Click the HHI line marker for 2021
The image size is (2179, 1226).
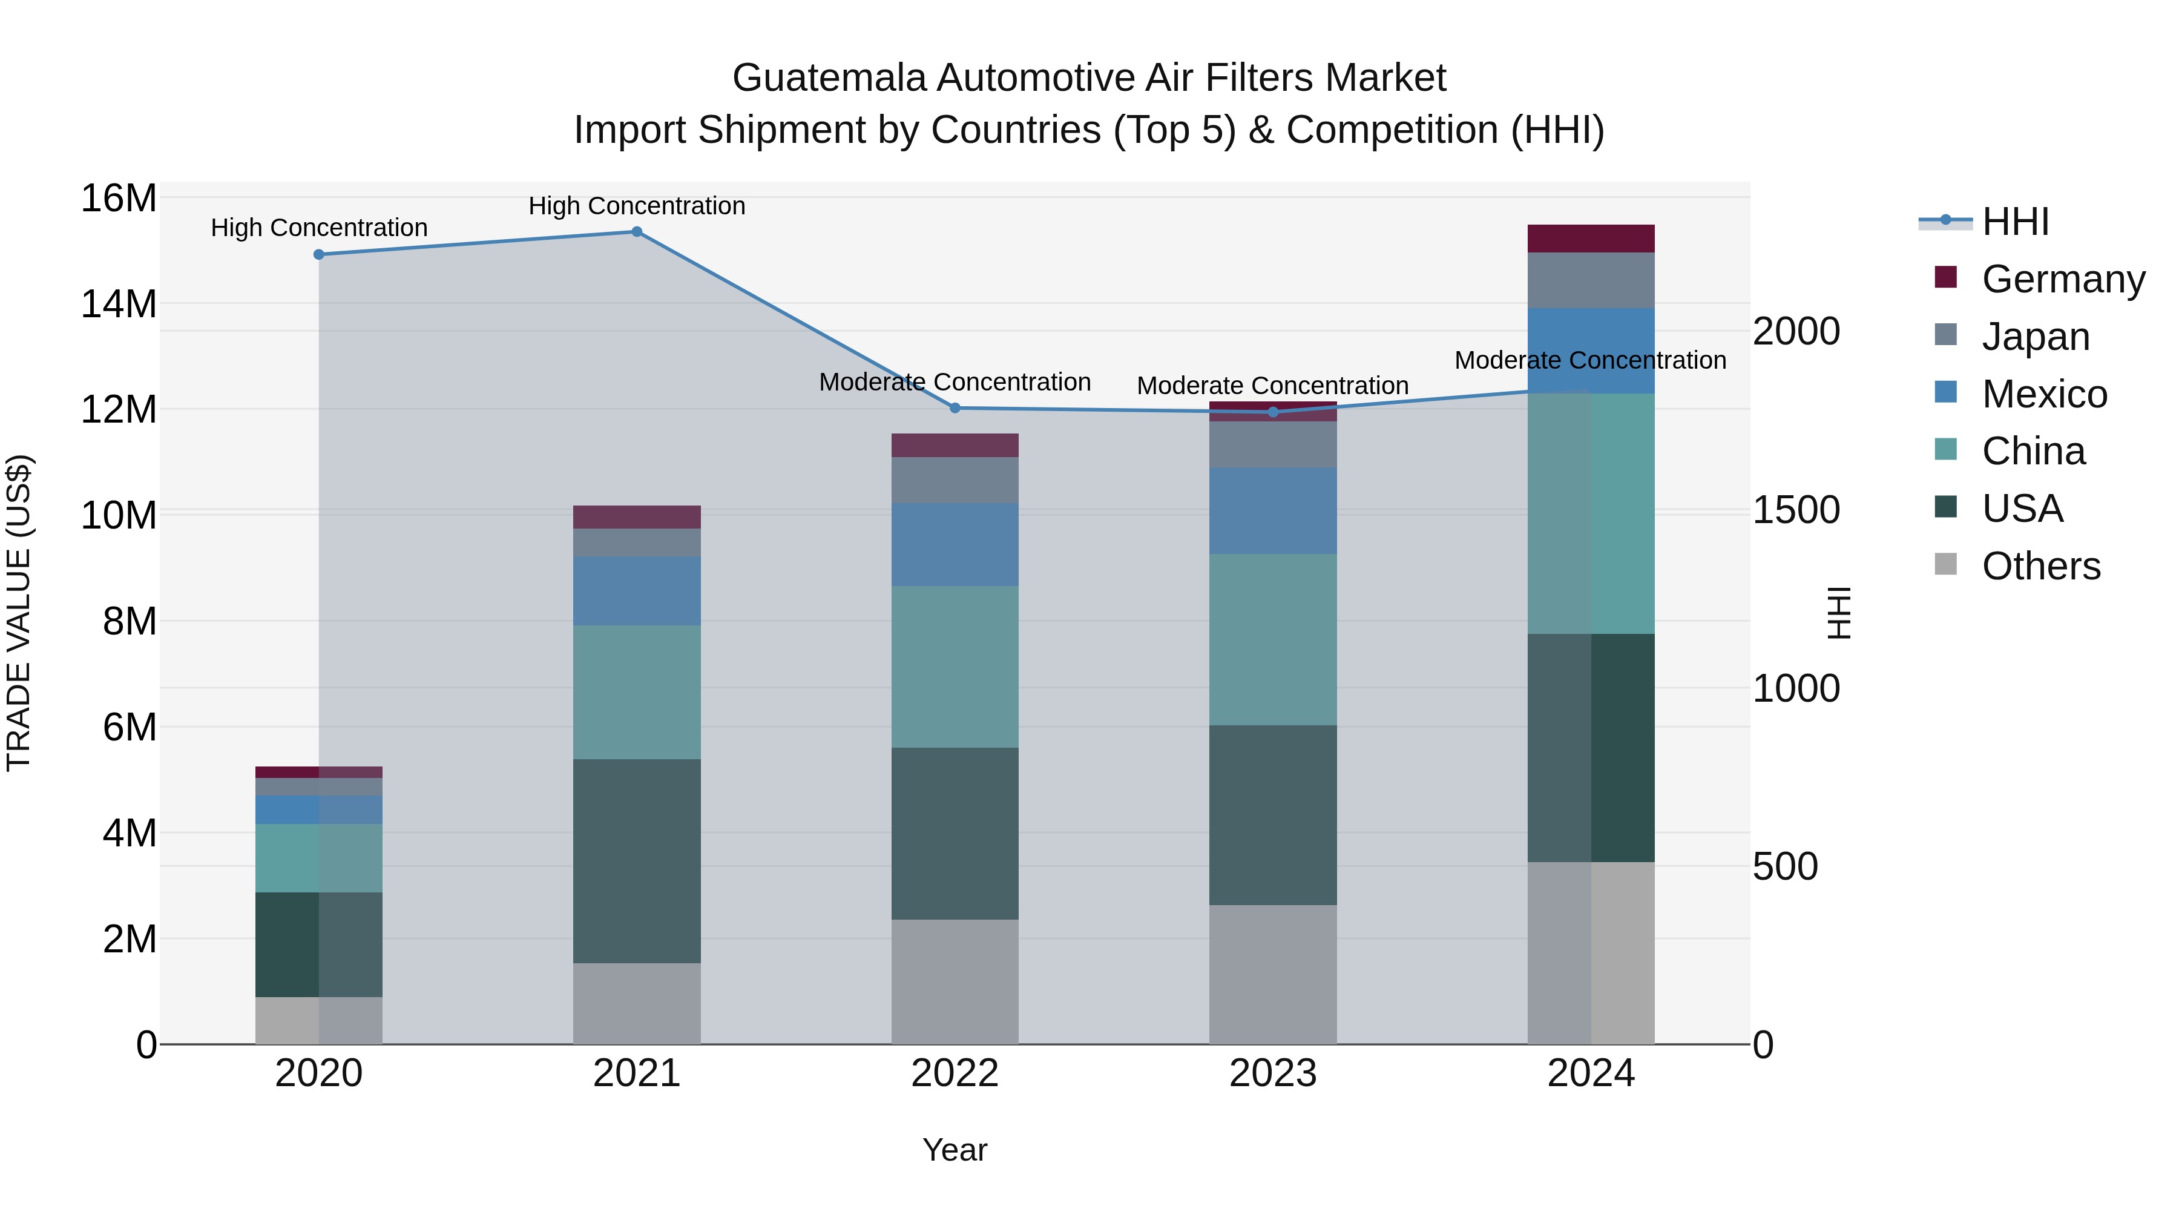click(637, 232)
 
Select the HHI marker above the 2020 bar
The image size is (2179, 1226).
click(319, 255)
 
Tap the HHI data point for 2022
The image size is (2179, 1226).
click(955, 408)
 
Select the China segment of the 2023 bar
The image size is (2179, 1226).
click(1272, 640)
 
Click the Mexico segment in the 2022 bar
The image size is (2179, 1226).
click(955, 545)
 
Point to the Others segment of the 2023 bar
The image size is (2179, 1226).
click(1272, 975)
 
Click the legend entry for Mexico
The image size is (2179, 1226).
click(2043, 394)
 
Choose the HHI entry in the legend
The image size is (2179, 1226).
click(2015, 222)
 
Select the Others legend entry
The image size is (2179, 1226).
click(2040, 566)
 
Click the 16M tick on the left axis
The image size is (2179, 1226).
click(119, 199)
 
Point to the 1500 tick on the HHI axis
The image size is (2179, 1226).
click(1796, 510)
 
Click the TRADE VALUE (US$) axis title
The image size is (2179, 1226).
click(19, 613)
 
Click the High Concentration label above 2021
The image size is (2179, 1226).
click(637, 206)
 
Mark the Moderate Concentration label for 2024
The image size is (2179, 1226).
click(1590, 360)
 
